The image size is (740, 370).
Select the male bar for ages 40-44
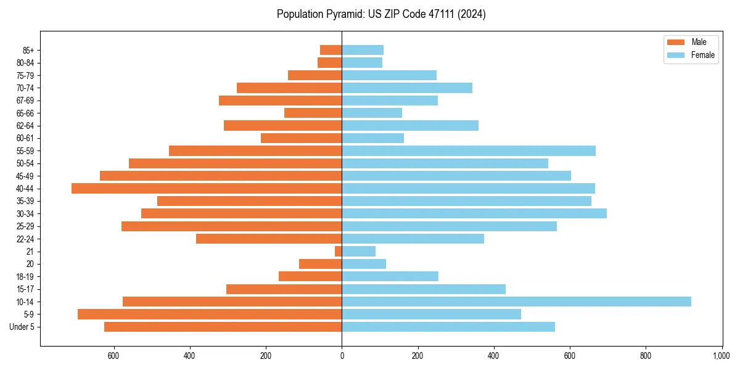pos(207,188)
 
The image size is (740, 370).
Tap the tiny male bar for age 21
pos(338,251)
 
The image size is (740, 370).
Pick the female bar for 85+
pos(363,50)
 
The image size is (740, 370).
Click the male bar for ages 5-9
pos(210,314)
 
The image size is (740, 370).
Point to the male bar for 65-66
pos(313,113)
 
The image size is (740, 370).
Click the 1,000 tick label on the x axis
pos(721,356)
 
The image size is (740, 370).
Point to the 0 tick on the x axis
pos(342,356)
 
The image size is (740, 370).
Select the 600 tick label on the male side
pos(113,356)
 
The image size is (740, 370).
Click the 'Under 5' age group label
pos(22,327)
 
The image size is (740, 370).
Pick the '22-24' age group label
pos(25,239)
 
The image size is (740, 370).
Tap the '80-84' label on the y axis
pos(25,62)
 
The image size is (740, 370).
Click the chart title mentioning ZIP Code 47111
pos(381,14)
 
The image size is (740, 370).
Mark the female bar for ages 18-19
pos(390,276)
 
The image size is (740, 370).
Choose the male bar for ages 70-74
pos(289,88)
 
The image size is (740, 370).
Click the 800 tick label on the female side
pos(646,356)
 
